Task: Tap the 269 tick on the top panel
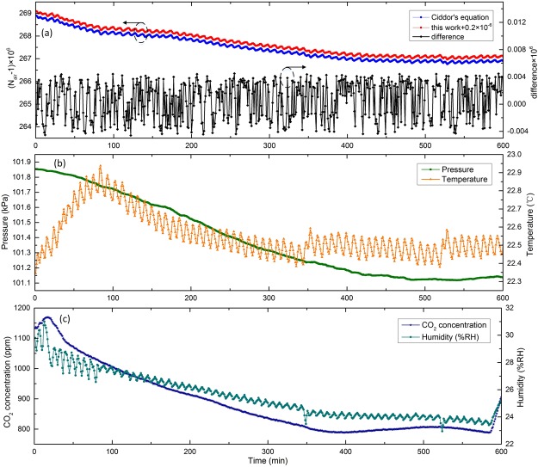point(22,14)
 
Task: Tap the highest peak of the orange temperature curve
point(100,166)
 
